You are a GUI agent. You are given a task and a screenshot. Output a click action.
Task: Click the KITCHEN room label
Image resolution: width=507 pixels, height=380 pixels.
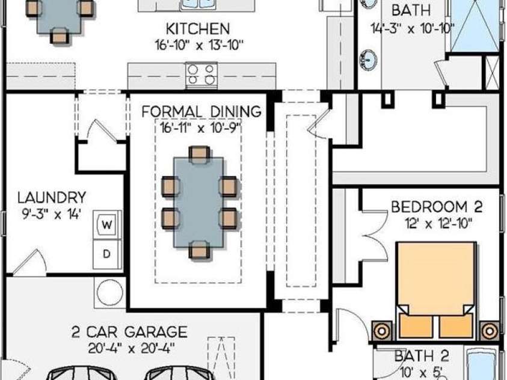pos(197,29)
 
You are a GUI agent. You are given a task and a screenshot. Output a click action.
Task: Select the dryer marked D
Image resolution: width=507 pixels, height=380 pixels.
pos(107,254)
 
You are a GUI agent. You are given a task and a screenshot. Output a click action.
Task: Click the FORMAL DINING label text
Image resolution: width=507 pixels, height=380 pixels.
pos(201,112)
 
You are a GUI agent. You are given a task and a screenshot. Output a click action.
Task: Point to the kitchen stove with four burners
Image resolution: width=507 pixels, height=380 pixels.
pos(201,75)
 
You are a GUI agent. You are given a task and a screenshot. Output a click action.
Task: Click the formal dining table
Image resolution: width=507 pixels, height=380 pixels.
pos(198,202)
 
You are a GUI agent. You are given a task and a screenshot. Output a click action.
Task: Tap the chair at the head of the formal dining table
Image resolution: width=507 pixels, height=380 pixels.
pos(199,155)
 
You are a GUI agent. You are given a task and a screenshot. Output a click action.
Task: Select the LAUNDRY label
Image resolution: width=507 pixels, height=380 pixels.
pos(52,197)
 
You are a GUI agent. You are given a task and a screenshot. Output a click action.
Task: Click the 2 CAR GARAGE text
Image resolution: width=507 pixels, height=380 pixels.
pos(129,332)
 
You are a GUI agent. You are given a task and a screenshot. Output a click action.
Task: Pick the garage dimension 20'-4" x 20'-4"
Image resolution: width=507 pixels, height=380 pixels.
pos(132,348)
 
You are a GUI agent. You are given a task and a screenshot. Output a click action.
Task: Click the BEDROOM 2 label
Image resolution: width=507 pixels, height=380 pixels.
pos(437,207)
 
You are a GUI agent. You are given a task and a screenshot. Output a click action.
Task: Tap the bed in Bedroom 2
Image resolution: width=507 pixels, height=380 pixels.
pos(437,290)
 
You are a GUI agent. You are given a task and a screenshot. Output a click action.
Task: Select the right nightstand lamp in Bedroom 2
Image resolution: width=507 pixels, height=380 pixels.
pos(490,331)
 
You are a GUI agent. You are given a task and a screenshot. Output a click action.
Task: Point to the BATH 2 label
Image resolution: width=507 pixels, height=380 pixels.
pos(422,356)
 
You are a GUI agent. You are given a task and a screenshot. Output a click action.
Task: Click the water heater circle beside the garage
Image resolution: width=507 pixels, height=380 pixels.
pos(110,292)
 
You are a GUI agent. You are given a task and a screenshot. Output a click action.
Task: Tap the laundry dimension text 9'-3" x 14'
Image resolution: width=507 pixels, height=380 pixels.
pos(51,214)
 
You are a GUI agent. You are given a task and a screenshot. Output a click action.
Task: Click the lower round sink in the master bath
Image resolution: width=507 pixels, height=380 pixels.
pos(368,60)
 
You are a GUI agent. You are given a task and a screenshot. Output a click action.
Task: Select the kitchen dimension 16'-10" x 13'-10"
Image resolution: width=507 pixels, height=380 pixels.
pos(199,45)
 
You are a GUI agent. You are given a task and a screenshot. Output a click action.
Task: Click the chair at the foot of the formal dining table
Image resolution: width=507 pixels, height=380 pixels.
pos(199,250)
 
